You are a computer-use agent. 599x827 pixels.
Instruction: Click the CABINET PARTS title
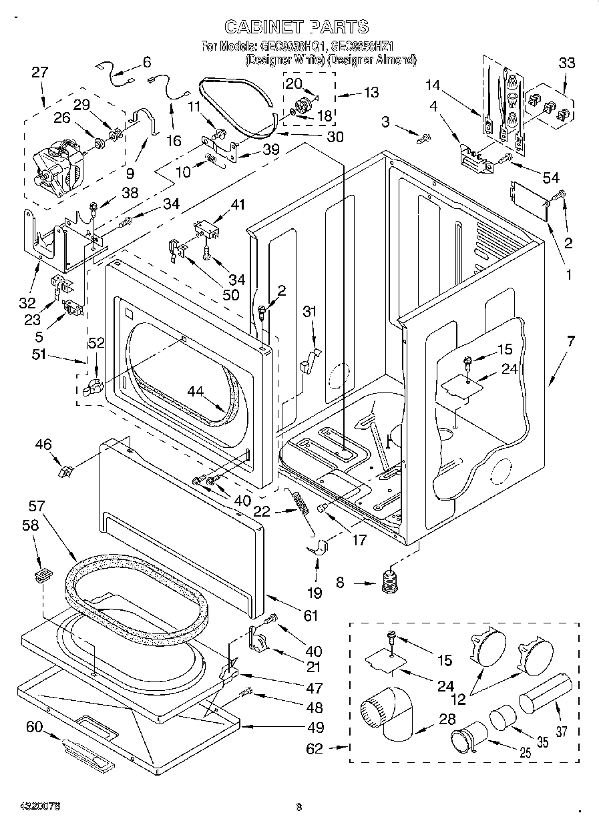(x=296, y=27)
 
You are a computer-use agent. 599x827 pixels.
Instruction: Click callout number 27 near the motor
(x=40, y=72)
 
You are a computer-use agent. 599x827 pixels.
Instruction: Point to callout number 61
(x=311, y=615)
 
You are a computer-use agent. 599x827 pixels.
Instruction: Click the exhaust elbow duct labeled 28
(x=388, y=714)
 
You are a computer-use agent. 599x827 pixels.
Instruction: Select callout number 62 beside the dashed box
(x=315, y=749)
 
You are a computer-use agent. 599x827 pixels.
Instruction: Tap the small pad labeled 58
(x=43, y=573)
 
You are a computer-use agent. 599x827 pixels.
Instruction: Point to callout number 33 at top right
(x=566, y=63)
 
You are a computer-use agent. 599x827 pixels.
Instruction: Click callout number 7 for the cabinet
(x=570, y=342)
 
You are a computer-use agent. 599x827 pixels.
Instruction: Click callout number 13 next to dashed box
(x=371, y=92)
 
